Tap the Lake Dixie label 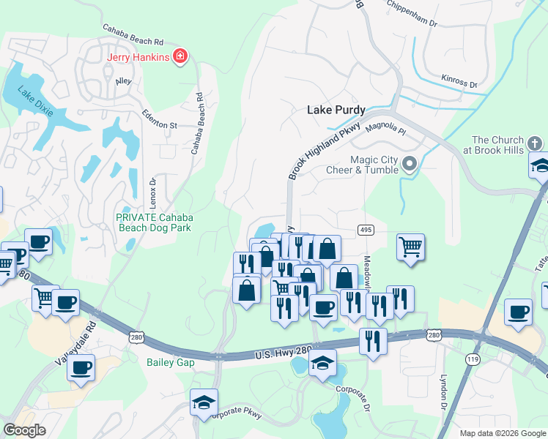click(x=27, y=100)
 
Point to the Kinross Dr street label click(x=459, y=80)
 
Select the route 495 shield click(x=366, y=230)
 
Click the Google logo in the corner click(x=24, y=430)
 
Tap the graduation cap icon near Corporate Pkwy click(x=204, y=402)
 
